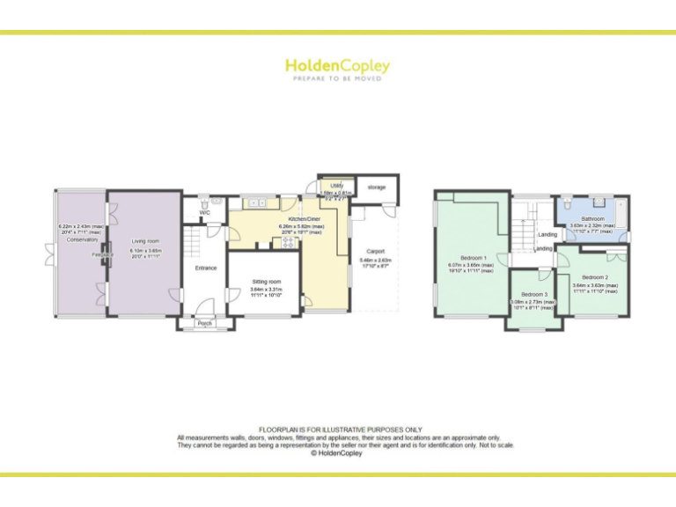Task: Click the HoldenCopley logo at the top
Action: click(337, 66)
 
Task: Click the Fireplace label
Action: click(102, 255)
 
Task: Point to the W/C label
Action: click(204, 213)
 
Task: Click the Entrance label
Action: click(205, 268)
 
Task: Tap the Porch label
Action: click(205, 323)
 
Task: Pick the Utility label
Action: click(336, 186)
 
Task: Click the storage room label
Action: click(377, 187)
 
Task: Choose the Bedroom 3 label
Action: click(534, 294)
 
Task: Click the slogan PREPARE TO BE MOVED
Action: click(337, 79)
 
